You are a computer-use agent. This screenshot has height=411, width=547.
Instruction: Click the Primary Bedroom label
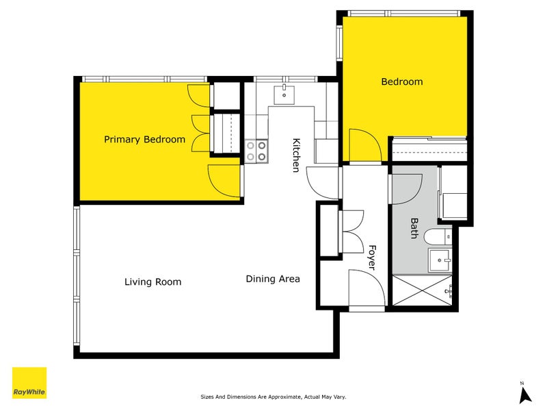tap(144, 140)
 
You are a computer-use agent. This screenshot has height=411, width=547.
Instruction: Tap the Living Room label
tap(152, 282)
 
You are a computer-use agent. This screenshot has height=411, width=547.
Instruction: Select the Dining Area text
tap(273, 279)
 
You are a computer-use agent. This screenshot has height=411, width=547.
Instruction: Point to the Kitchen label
tap(296, 155)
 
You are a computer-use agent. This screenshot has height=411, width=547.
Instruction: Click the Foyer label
tap(372, 258)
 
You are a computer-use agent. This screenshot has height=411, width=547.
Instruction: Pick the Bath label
tap(414, 228)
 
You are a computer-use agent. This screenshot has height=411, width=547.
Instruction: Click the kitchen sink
tap(284, 95)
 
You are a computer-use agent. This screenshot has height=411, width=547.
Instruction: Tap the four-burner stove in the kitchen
tap(256, 151)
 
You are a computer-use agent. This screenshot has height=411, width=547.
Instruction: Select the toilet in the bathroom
tap(438, 237)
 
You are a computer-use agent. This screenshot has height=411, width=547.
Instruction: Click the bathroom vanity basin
tap(440, 260)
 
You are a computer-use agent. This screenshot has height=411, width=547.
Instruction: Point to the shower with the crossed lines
tap(422, 290)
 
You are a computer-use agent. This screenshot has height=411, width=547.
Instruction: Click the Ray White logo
tap(29, 383)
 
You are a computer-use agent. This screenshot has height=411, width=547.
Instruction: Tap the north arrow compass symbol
tap(524, 393)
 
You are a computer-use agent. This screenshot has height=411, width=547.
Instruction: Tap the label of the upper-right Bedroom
tap(402, 82)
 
